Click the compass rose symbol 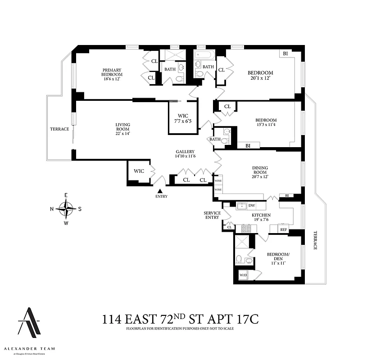point(66,209)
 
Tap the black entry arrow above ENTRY point(160,191)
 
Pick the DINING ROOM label point(261,170)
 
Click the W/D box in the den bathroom point(243,274)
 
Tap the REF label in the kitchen point(284,229)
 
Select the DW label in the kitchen point(252,206)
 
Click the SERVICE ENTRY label point(212,215)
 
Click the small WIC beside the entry point(139,171)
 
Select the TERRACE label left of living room point(59,129)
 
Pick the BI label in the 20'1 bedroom point(285,54)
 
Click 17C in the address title point(247,320)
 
